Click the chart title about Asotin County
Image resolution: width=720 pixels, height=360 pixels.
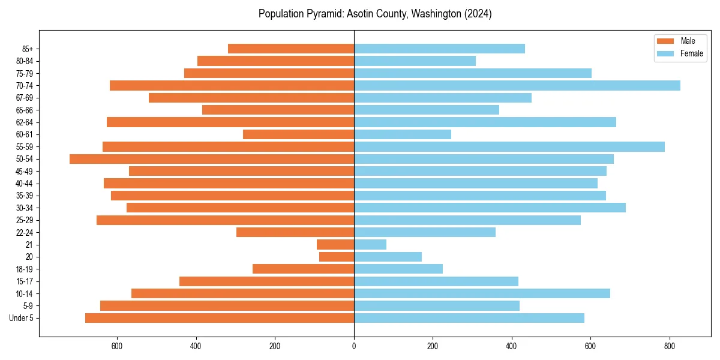(375, 14)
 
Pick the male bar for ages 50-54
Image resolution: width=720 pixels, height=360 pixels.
(212, 159)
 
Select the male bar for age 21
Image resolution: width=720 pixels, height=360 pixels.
(335, 245)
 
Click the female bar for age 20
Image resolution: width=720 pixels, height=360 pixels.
(388, 257)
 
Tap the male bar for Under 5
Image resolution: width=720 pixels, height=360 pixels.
(220, 318)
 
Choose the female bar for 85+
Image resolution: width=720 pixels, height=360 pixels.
(439, 49)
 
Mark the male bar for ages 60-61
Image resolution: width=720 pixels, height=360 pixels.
(298, 134)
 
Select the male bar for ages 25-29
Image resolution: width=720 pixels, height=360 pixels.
(225, 220)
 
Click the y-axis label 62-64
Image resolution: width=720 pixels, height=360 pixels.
(24, 122)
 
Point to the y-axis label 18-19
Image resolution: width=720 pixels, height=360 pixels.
(24, 269)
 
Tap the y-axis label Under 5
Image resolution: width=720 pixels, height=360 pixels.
(22, 318)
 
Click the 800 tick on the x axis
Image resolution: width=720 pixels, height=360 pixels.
(670, 346)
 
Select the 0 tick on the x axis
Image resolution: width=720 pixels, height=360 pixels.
(354, 346)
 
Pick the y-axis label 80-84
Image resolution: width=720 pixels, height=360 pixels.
(24, 61)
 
